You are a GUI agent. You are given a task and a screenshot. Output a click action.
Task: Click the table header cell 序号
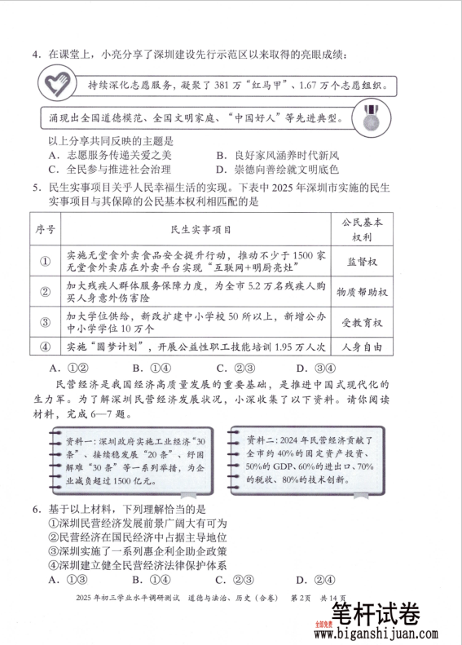tap(46, 230)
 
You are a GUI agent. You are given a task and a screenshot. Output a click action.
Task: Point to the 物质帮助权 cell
tap(361, 292)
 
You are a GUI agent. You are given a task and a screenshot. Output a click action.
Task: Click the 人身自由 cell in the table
tap(361, 346)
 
